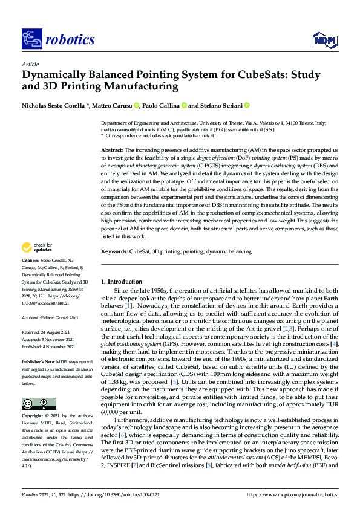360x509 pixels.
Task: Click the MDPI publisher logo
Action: click(324, 40)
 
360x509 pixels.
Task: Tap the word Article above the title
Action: click(30, 64)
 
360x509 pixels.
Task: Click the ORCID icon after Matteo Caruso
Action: click(136, 105)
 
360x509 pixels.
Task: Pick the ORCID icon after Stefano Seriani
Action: click(247, 105)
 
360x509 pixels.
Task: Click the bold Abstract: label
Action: click(112, 149)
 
